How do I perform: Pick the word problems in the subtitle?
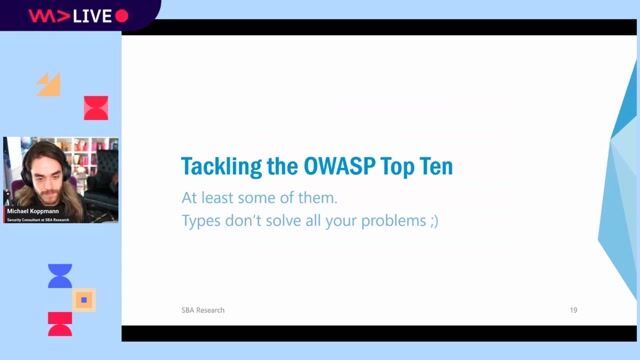[385, 221]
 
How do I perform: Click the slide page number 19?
[573, 310]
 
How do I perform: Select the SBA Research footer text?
[196, 310]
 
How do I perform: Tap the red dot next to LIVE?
[122, 15]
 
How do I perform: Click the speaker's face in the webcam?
[39, 170]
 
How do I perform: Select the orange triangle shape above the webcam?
[49, 84]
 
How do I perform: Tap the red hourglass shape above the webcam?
[96, 107]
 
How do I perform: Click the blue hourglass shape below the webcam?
[60, 276]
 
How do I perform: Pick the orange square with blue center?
[85, 299]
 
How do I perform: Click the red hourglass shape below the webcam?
[60, 323]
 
